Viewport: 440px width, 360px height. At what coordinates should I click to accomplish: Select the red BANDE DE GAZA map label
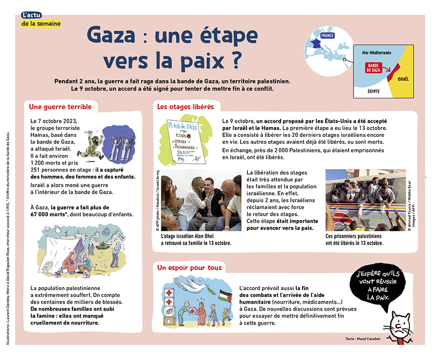[x=374, y=68]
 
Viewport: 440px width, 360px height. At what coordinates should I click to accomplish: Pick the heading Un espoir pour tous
[x=189, y=268]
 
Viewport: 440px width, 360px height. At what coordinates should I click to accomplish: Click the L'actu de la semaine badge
[x=41, y=20]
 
